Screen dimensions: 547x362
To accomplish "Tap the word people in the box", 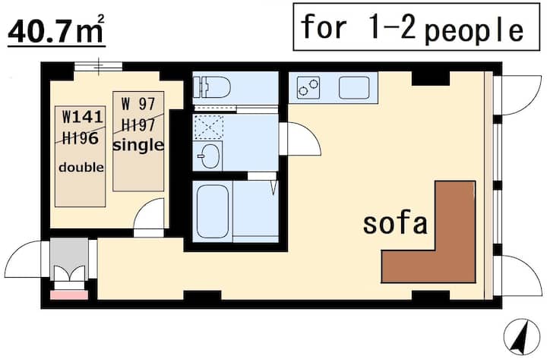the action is (x=474, y=30).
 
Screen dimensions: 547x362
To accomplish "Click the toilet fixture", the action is (x=212, y=87).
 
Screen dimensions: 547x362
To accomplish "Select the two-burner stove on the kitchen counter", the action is (x=308, y=87).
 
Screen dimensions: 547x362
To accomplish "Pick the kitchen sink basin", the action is (x=354, y=87).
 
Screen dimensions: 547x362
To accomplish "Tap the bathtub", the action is (x=213, y=211).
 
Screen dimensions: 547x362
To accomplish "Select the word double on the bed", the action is (x=81, y=168).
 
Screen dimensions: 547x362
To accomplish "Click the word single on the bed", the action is (x=138, y=145).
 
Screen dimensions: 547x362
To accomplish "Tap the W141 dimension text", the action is (x=83, y=117).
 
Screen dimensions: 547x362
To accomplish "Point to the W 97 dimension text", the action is (x=138, y=104).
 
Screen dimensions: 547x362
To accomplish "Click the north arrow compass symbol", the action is (x=521, y=336).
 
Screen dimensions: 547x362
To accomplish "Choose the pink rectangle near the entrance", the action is (x=69, y=295).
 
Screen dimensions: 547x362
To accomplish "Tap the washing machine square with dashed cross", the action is (x=209, y=127).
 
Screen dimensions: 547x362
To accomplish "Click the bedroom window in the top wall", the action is (x=99, y=66).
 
